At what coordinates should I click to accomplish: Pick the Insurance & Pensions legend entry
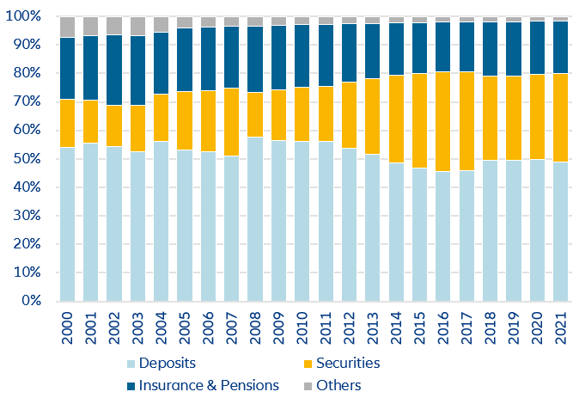[210, 385]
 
